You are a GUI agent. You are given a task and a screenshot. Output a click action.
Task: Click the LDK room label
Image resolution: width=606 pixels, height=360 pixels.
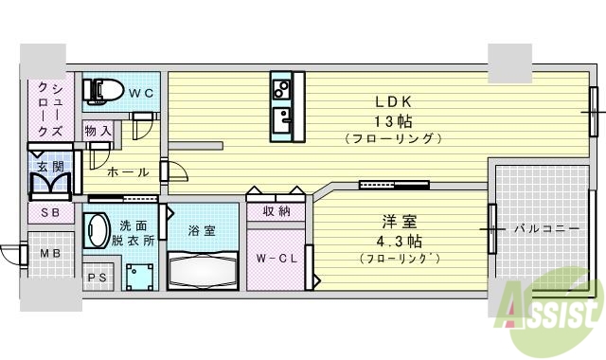pos(393,101)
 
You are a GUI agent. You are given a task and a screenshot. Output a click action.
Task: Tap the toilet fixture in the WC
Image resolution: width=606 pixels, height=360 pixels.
pos(103,90)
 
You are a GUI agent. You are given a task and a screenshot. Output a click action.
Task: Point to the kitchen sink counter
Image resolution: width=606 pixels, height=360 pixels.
pos(282,107)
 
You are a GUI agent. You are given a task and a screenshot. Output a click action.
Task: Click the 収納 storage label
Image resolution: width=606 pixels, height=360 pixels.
pos(276,210)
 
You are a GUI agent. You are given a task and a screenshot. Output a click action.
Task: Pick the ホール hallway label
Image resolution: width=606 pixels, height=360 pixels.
pos(128,172)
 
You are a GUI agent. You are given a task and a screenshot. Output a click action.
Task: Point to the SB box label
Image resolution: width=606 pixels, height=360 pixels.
pos(49,214)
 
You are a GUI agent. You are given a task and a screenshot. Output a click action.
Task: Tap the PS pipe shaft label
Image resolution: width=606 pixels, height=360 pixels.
pos(96,278)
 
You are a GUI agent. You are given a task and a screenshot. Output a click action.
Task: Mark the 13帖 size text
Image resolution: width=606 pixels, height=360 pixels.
pos(393,120)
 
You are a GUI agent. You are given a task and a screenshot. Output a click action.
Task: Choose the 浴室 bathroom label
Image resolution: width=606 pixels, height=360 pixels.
pos(202,230)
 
